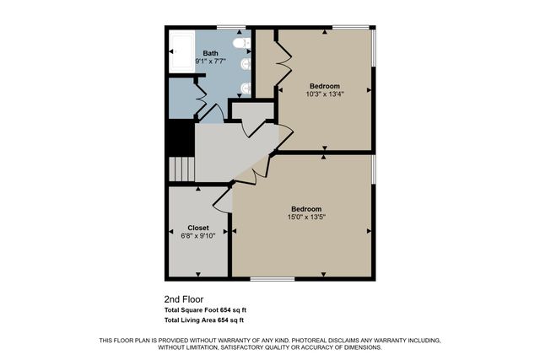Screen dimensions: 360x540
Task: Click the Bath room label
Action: pos(210,53)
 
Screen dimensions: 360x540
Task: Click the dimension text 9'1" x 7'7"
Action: pos(210,62)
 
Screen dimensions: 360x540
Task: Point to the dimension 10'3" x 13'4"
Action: pos(324,94)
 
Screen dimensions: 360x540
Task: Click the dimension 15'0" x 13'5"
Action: pos(306,217)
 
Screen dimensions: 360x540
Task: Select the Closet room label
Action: pos(198,228)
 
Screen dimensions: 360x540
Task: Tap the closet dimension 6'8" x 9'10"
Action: pos(198,236)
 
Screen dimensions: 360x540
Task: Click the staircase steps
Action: pos(181,169)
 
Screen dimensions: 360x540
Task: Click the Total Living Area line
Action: pos(204,320)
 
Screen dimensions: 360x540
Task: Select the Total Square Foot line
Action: pos(204,309)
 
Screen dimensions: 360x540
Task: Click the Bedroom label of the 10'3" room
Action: pos(324,86)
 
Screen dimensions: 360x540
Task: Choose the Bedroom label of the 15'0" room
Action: pos(306,208)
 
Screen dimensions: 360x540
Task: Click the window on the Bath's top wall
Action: pos(231,27)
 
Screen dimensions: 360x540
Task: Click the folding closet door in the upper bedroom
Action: pos(284,63)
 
